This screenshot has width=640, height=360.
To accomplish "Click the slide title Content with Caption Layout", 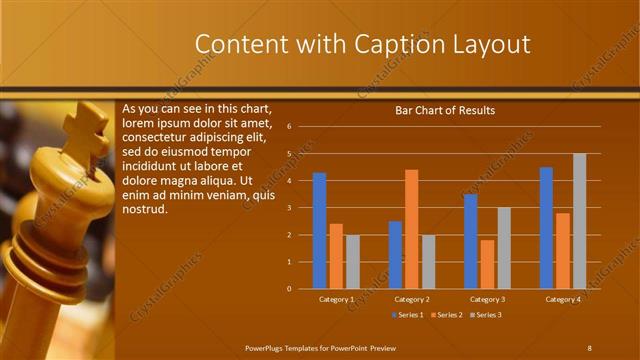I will click(361, 44).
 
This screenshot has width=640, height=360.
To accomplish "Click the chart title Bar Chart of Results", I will click(445, 110).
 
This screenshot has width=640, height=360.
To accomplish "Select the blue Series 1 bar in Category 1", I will click(319, 231).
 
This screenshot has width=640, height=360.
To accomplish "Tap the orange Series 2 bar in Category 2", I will click(411, 229).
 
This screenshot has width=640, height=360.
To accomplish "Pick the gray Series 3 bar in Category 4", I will click(579, 221).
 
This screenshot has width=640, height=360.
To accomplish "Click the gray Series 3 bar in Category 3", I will click(504, 248).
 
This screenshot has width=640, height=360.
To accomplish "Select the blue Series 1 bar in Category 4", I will click(546, 228).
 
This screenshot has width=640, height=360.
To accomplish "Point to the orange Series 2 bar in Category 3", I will click(487, 264).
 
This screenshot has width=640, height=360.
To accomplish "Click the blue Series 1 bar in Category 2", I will click(395, 255).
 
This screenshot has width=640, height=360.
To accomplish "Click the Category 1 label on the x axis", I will click(336, 299).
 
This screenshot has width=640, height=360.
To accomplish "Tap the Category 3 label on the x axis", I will click(487, 299).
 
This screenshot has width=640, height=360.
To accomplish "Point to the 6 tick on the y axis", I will click(289, 127).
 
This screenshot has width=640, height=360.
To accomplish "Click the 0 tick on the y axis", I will click(289, 289).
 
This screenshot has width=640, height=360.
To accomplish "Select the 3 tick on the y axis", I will click(289, 208).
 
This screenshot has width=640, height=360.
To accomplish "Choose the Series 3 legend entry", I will click(485, 315).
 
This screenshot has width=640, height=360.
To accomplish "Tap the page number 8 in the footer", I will click(589, 347).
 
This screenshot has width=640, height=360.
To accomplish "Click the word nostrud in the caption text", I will click(144, 209).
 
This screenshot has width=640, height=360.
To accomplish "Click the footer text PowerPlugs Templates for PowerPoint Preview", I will click(319, 347).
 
